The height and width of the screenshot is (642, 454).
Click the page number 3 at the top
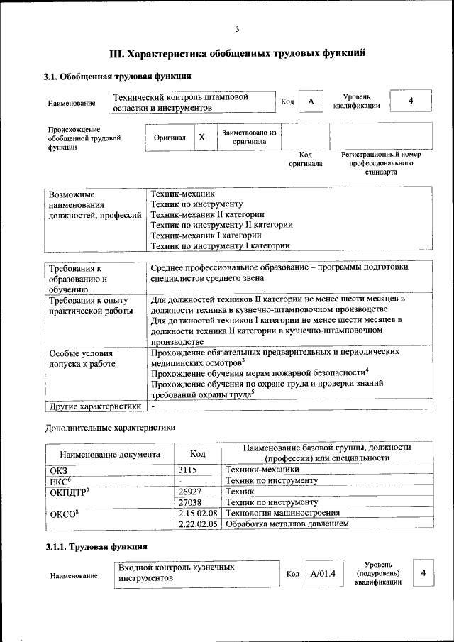click(x=238, y=29)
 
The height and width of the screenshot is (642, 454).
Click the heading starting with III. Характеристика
click(x=238, y=53)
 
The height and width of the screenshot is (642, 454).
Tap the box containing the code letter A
click(x=310, y=101)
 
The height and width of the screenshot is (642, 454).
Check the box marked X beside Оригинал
click(x=201, y=138)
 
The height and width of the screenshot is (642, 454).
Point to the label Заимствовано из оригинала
click(x=249, y=137)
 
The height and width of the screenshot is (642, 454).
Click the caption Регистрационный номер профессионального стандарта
click(x=381, y=163)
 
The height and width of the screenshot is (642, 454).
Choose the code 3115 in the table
click(x=187, y=470)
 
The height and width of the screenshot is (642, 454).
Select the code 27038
click(x=190, y=502)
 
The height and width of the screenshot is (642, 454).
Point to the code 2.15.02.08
click(x=198, y=512)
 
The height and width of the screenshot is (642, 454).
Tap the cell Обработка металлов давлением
click(x=287, y=524)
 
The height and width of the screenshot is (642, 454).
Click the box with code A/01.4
click(x=322, y=574)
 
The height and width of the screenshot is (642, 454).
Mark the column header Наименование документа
click(x=110, y=454)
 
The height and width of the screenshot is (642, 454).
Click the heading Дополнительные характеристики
click(x=110, y=428)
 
